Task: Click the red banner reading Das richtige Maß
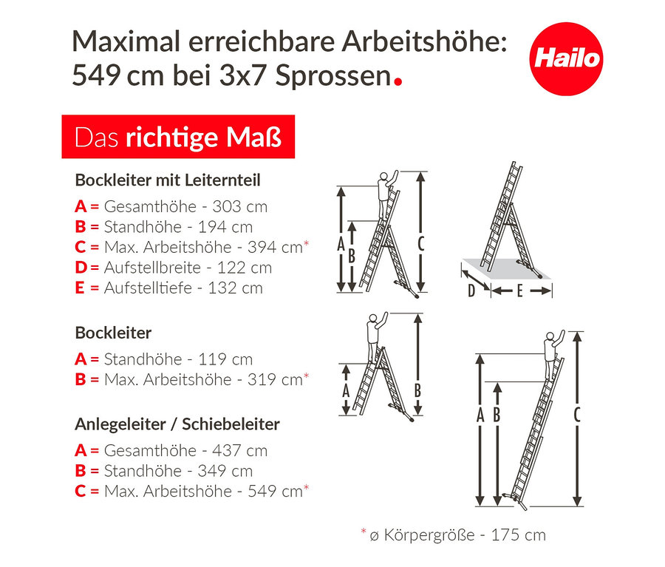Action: pos(177,137)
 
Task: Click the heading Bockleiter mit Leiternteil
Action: pos(168,180)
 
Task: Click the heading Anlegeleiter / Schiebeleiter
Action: pos(177,424)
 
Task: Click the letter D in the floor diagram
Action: pos(471,291)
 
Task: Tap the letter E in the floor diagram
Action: pos(519,291)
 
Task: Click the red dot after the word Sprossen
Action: pos(398,81)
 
